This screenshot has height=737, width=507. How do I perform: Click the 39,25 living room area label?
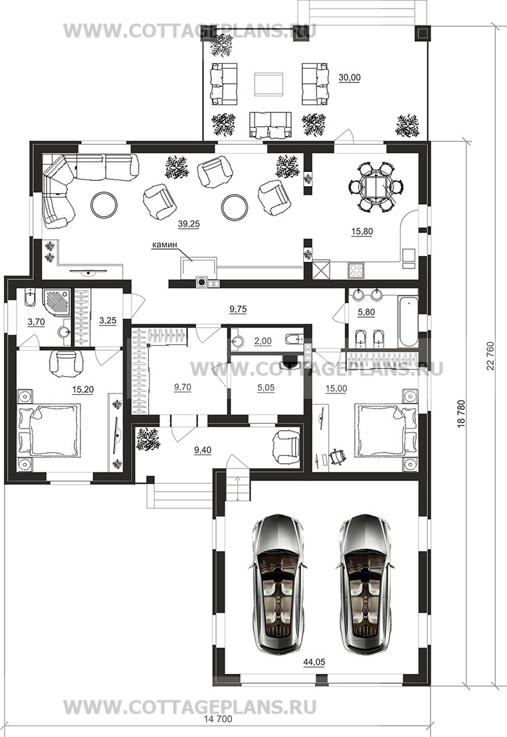pos(189,224)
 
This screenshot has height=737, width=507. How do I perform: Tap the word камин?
pos(161,245)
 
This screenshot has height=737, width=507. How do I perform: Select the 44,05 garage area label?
pos(314,663)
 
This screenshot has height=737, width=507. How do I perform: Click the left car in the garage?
pos(276,583)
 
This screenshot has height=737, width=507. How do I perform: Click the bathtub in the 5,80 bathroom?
pos(407,322)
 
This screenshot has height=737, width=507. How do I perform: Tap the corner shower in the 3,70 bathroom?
pos(57,304)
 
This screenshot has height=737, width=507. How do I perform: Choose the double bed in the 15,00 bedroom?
pos(386,430)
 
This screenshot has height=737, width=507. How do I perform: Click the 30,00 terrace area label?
pos(350,78)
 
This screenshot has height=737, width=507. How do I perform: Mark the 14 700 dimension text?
pos(217,719)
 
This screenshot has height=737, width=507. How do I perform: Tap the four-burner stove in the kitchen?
pos(355,270)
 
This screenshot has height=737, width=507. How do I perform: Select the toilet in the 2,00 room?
pos(294,339)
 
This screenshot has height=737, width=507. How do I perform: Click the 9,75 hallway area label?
pos(239,309)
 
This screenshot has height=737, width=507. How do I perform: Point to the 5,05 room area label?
pos(266,387)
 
